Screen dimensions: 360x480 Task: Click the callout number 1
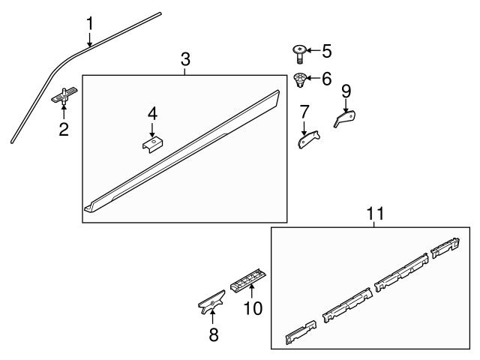click(89, 23)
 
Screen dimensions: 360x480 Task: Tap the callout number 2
click(64, 129)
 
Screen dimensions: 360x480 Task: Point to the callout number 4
click(152, 114)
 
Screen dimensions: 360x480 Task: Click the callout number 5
click(326, 51)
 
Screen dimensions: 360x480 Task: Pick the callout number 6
click(326, 77)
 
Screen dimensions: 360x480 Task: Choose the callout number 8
click(214, 335)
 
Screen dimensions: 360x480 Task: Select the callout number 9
click(346, 91)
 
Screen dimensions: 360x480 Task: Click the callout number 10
click(253, 307)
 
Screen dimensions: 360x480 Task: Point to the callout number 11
click(374, 214)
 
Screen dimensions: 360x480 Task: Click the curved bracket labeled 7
click(307, 139)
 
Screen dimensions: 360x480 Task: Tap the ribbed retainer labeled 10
click(247, 280)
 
